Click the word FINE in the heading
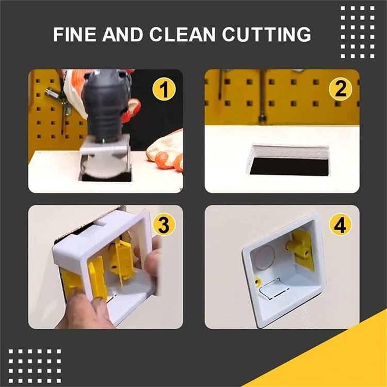click(75, 35)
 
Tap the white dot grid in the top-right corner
click(358, 31)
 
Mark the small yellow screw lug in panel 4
click(256, 281)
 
